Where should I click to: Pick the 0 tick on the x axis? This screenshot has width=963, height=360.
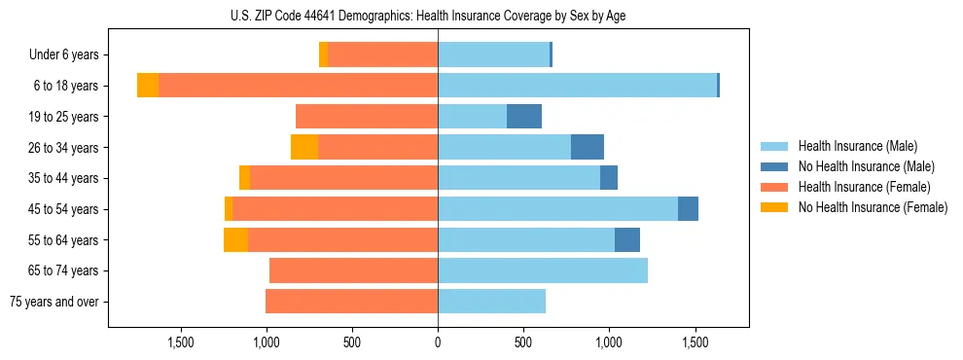[438, 342]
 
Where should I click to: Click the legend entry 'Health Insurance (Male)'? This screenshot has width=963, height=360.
[856, 146]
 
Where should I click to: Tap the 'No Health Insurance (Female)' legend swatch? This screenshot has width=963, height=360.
[776, 207]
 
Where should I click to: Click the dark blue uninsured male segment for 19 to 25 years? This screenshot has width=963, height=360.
[524, 117]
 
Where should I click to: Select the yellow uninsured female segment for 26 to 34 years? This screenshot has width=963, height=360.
[304, 148]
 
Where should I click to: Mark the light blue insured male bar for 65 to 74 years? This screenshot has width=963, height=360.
[543, 270]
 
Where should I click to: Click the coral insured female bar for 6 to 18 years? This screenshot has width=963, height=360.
[298, 86]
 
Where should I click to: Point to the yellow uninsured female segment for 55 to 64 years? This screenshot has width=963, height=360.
[235, 240]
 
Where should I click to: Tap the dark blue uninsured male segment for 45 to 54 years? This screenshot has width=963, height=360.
[688, 209]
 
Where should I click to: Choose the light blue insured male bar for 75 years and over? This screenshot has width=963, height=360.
[491, 302]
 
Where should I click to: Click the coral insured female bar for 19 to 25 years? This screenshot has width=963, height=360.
[367, 117]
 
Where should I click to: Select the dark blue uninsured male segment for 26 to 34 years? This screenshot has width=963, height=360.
[588, 148]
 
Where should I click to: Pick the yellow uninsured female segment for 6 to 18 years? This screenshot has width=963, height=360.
[148, 86]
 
